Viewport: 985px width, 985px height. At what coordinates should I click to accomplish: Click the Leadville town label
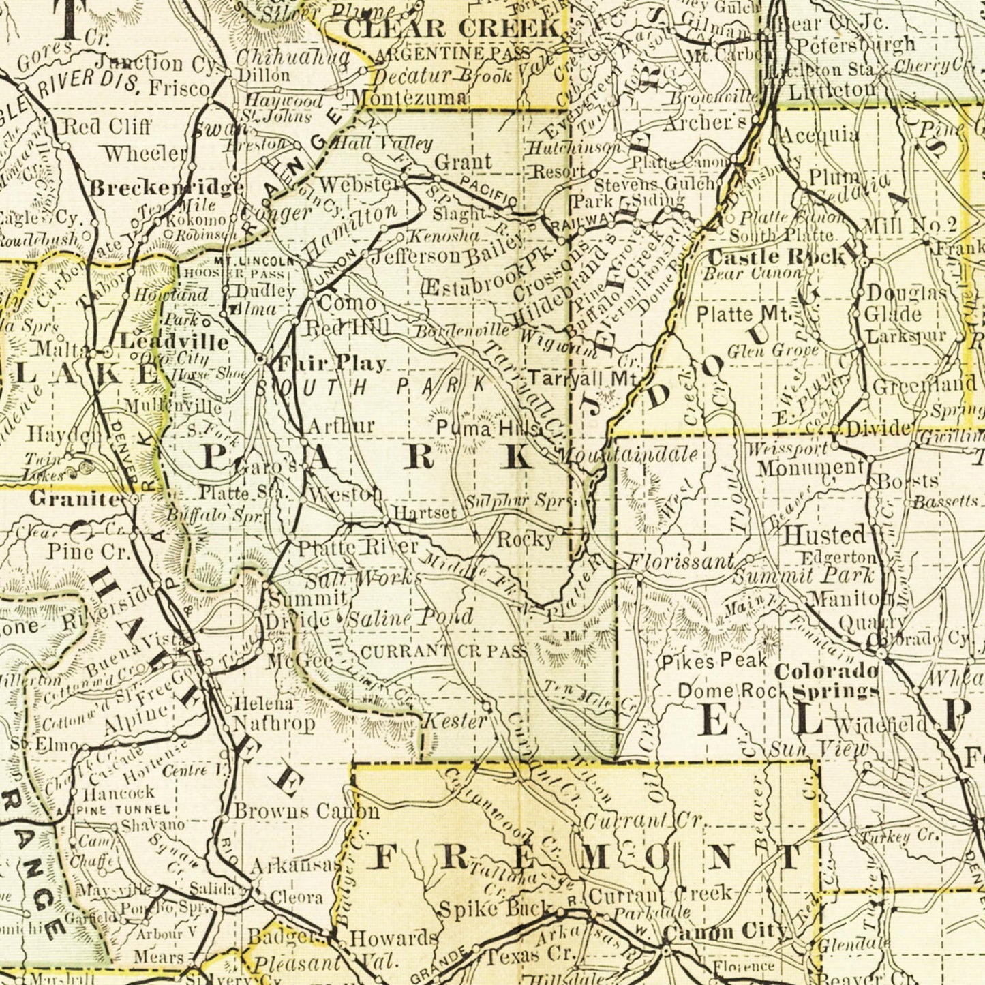tap(175, 341)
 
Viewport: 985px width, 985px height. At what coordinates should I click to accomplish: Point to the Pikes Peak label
tap(715, 661)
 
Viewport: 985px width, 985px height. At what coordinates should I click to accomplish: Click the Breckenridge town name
tap(166, 188)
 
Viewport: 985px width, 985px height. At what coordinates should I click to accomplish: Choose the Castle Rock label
tap(777, 257)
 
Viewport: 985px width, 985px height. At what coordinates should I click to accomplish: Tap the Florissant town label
tap(681, 562)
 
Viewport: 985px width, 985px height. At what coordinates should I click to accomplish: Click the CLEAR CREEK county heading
tap(451, 28)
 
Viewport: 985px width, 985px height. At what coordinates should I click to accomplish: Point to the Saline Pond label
tap(410, 618)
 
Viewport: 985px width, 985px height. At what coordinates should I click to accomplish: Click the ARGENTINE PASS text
tap(452, 53)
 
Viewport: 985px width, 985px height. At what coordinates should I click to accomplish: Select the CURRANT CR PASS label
tap(443, 652)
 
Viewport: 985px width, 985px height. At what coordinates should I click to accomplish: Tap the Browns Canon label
tap(306, 811)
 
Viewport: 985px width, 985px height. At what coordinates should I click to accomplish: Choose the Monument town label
tap(810, 468)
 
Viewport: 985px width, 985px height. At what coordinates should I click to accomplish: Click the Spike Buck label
tap(496, 909)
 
